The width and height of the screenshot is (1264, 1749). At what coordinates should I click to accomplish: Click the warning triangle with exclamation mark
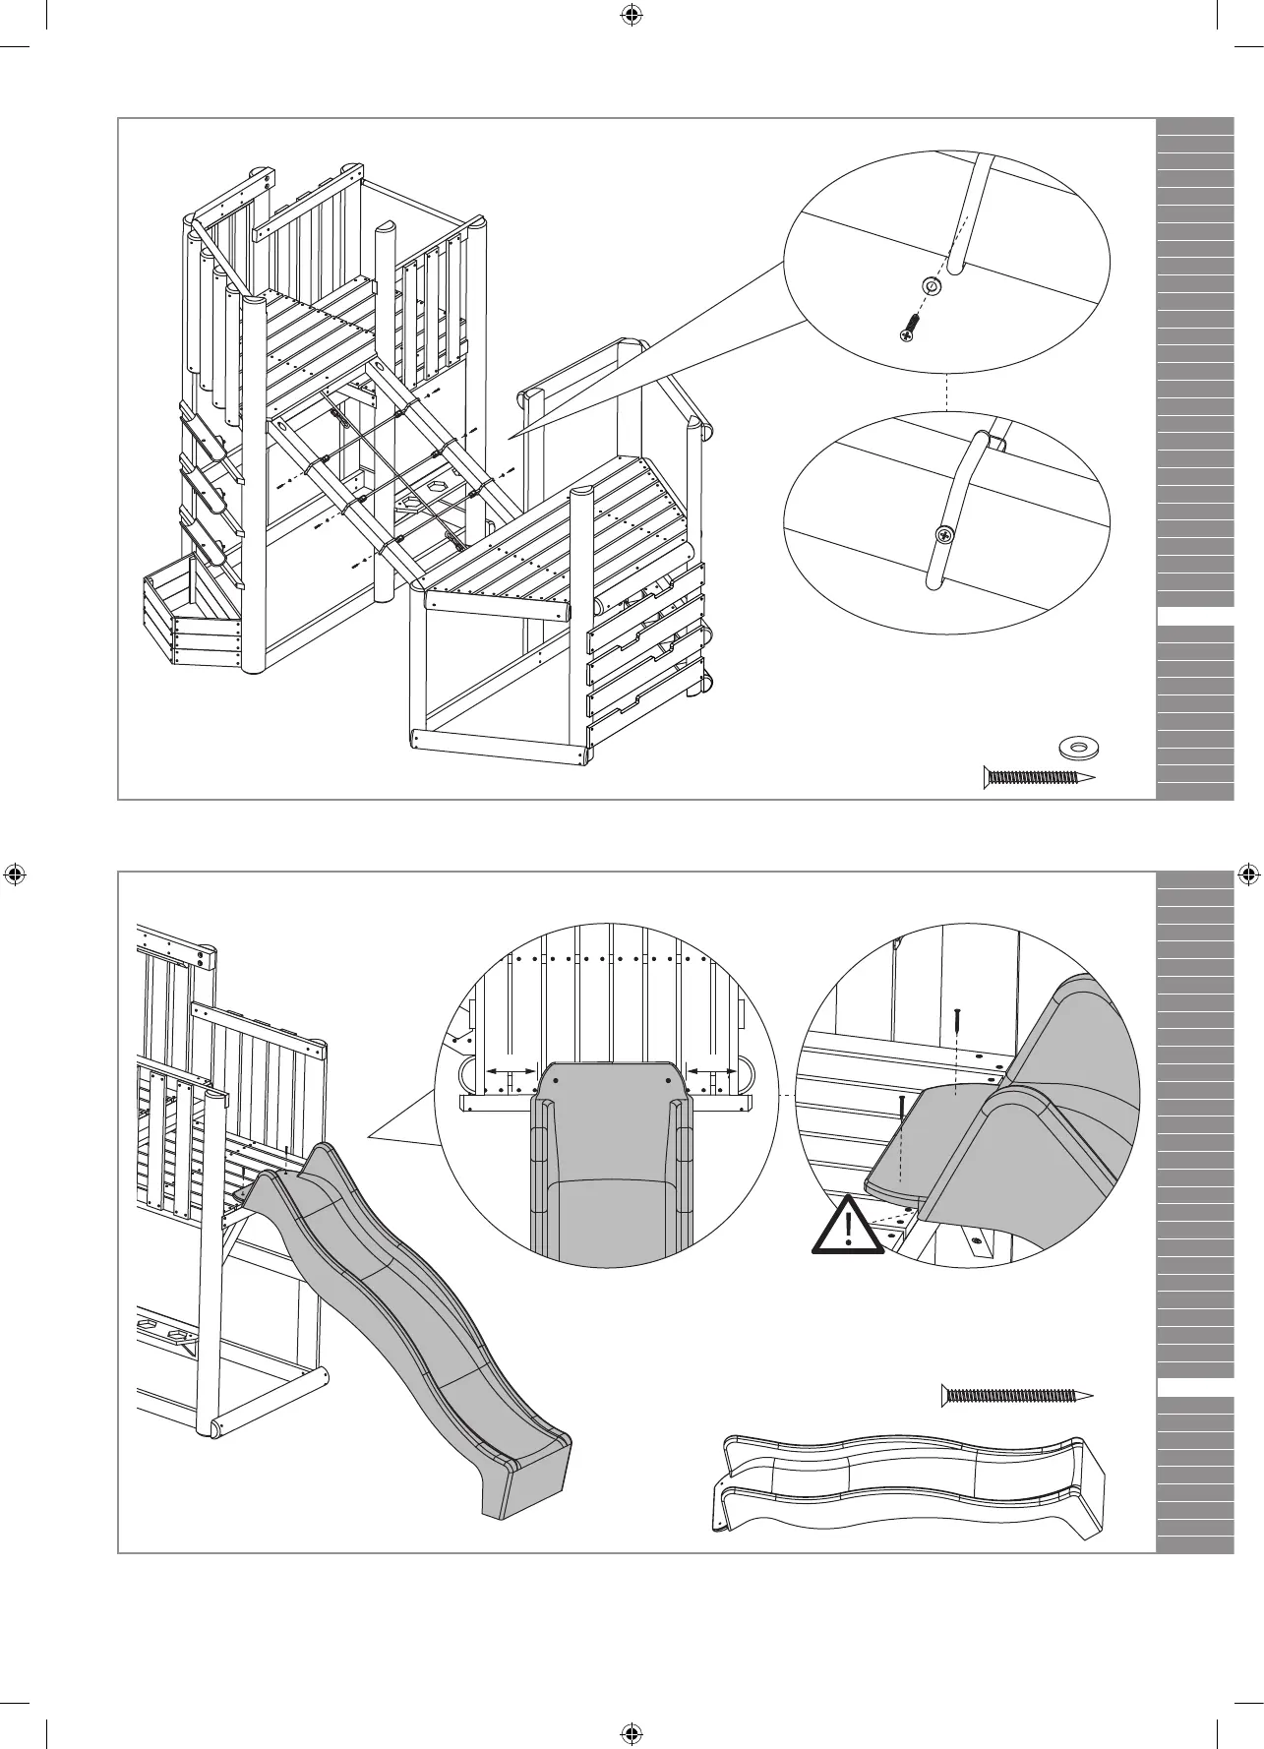847,1225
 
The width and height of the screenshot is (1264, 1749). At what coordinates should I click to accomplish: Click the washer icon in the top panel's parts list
1078,748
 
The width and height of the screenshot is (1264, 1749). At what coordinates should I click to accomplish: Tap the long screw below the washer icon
1040,777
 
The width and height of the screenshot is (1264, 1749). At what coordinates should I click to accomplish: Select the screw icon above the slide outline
1018,1394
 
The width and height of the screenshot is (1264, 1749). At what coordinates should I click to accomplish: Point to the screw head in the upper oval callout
908,334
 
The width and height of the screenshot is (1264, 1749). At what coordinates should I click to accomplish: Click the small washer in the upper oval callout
933,286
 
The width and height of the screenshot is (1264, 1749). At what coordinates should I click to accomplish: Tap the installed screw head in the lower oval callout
944,536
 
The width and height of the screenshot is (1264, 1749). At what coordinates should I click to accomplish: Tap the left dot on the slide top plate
556,1079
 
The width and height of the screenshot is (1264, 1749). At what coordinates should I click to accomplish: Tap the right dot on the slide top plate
669,1079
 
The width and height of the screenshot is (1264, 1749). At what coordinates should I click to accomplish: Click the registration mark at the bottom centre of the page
632,1732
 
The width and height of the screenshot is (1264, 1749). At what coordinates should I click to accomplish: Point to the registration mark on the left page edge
15,874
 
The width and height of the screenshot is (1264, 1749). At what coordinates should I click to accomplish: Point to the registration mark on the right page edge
1247,874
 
